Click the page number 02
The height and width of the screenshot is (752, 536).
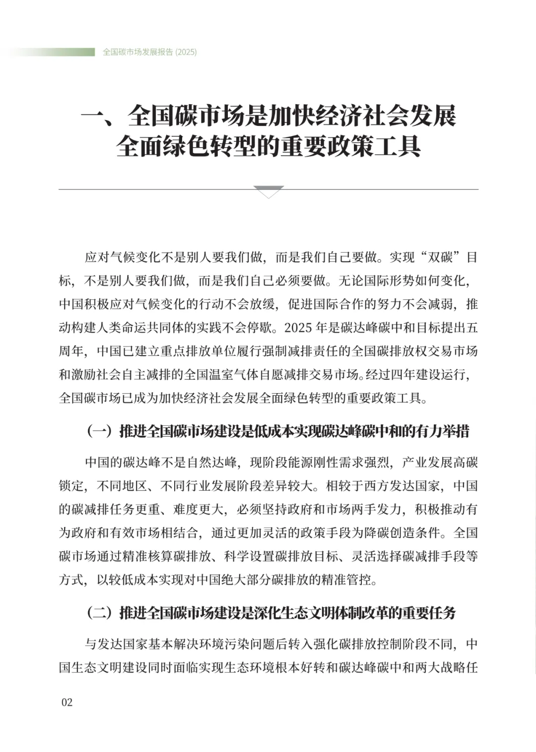67,702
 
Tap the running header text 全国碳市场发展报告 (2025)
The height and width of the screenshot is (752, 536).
149,52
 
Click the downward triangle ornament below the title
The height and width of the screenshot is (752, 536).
268,191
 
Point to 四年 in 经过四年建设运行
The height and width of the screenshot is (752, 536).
402,375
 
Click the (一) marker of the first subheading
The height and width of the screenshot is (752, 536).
99,431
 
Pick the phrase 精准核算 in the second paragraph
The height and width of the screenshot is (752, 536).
147,556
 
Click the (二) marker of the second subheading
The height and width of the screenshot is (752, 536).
99,613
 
